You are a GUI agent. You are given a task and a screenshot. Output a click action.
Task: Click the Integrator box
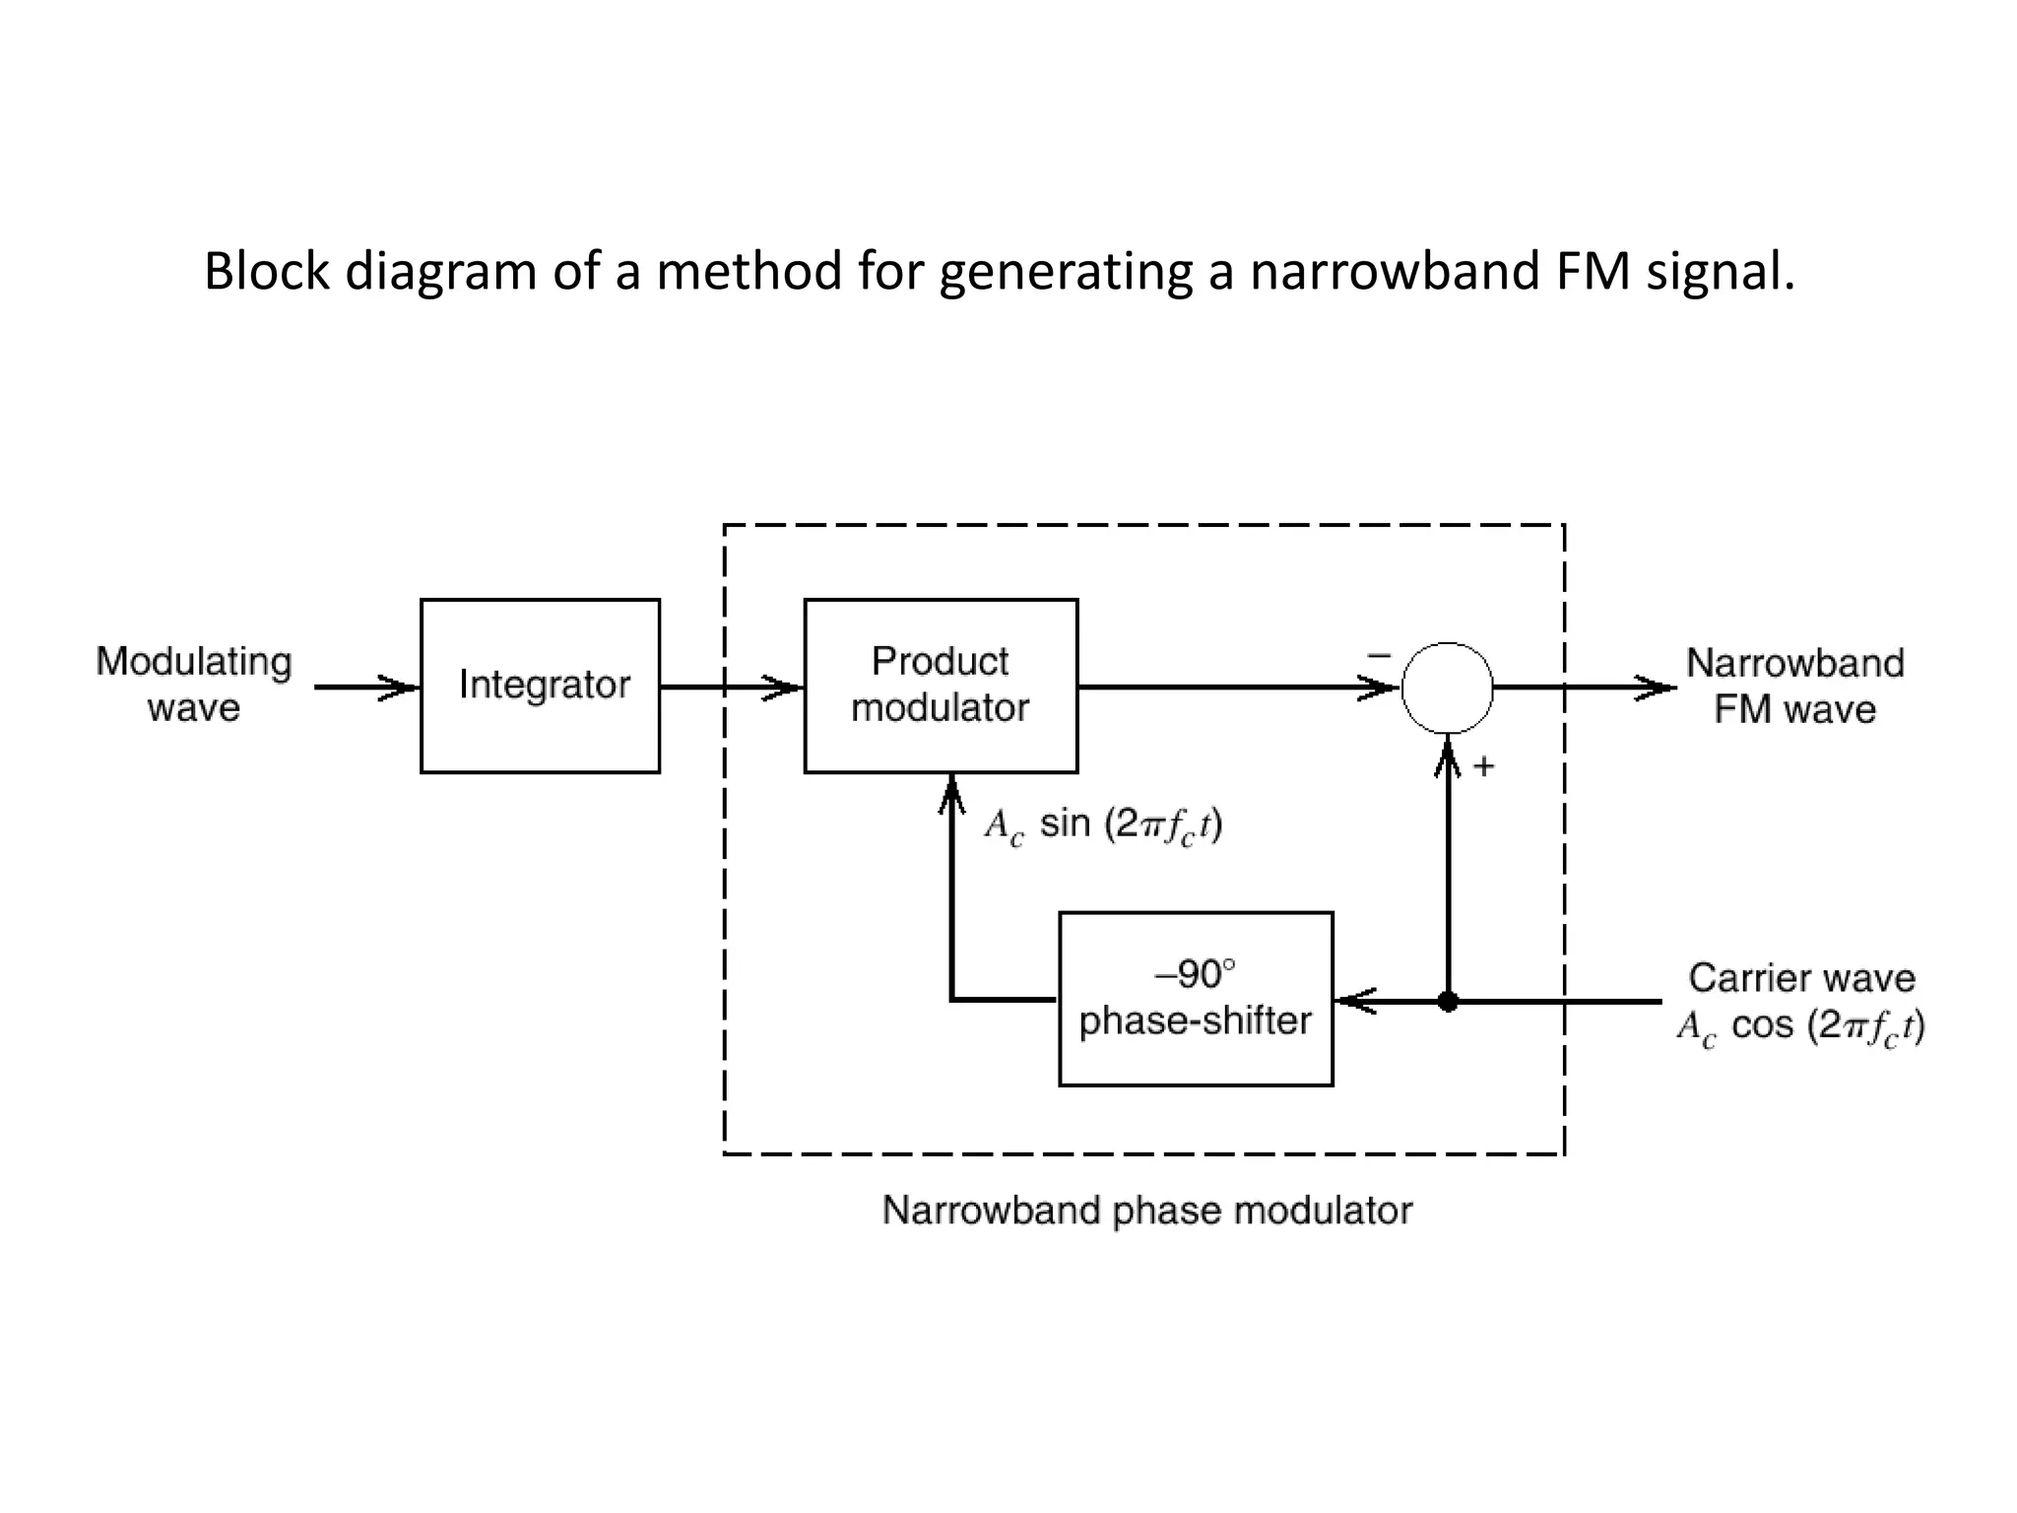[540, 686]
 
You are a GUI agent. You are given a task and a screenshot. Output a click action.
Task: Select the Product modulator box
[941, 686]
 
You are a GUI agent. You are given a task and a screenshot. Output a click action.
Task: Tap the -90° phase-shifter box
[1196, 999]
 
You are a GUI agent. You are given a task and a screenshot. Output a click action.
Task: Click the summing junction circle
[1447, 688]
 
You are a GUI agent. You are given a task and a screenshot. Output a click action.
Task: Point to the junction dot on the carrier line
[1448, 1002]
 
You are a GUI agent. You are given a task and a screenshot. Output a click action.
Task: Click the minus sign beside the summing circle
[1379, 655]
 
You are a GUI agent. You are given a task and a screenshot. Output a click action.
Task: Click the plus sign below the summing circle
[1484, 766]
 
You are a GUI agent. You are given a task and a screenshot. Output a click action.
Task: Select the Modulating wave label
[194, 684]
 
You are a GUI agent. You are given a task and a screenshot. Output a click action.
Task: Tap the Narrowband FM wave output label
[1794, 686]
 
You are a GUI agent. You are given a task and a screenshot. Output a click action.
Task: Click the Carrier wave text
[1801, 978]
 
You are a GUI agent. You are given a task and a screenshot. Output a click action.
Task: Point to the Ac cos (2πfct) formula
[1801, 1026]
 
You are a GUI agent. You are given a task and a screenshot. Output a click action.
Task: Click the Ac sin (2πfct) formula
[1103, 824]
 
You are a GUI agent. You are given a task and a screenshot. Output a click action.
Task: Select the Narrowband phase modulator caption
[1146, 1210]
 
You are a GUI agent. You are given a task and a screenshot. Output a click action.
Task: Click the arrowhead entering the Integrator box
[401, 688]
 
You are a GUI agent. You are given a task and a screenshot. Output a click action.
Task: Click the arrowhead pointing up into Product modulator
[951, 793]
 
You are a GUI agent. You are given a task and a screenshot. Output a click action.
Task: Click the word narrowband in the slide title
[1395, 271]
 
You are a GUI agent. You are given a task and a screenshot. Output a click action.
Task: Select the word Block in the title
[266, 271]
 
